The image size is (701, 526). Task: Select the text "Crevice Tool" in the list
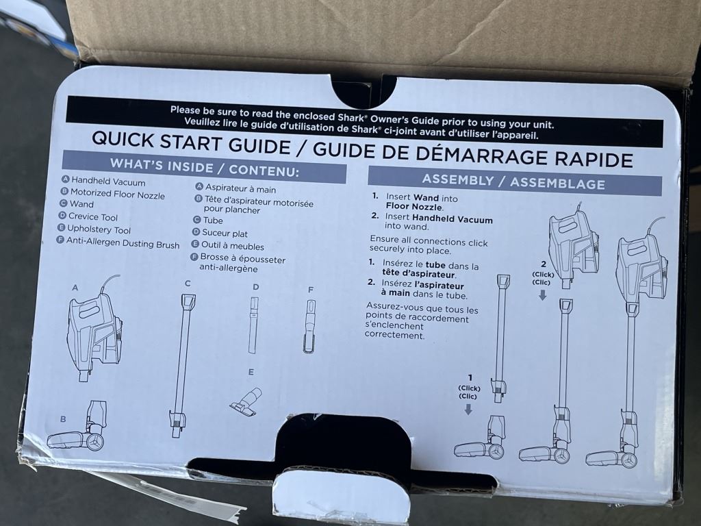click(x=93, y=217)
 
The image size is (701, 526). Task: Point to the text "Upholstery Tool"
click(x=99, y=229)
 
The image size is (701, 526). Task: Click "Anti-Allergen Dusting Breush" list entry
click(x=123, y=243)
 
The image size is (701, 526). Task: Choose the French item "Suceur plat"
click(x=225, y=233)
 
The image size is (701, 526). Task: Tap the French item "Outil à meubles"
click(x=233, y=246)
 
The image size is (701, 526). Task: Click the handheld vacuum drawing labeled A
click(x=94, y=328)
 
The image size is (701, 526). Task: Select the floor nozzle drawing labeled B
click(x=78, y=427)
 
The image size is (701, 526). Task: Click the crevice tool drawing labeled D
click(x=253, y=325)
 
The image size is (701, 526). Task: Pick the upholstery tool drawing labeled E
click(x=246, y=402)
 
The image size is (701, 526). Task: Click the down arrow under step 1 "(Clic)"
click(x=468, y=410)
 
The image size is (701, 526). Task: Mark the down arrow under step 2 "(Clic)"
click(x=542, y=295)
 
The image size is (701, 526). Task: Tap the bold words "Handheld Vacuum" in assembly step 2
click(x=452, y=219)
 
